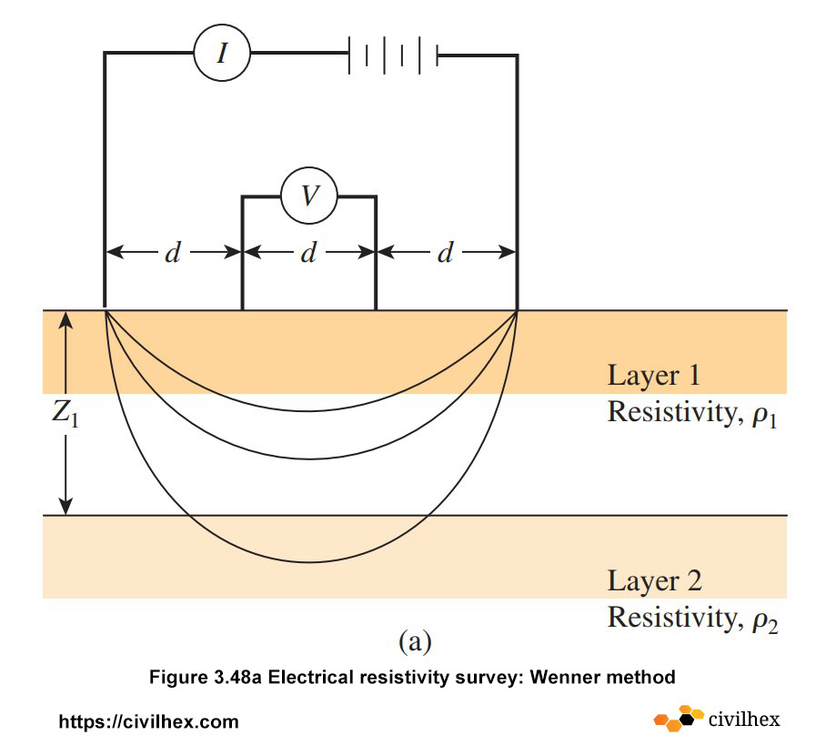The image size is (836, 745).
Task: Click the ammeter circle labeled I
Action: pyautogui.click(x=221, y=54)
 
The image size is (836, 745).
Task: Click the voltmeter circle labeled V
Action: pyautogui.click(x=308, y=196)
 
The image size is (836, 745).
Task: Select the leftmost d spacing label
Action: pyautogui.click(x=172, y=254)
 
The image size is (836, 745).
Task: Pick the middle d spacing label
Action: pyautogui.click(x=308, y=254)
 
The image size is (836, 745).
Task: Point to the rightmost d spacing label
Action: pyautogui.click(x=445, y=254)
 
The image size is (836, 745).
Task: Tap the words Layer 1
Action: pyautogui.click(x=654, y=376)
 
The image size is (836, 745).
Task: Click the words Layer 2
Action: pyautogui.click(x=654, y=581)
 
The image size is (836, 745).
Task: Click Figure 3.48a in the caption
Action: pyautogui.click(x=212, y=678)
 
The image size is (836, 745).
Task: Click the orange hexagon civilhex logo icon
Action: pyautogui.click(x=679, y=718)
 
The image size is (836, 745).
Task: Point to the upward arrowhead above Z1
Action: pyautogui.click(x=65, y=318)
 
